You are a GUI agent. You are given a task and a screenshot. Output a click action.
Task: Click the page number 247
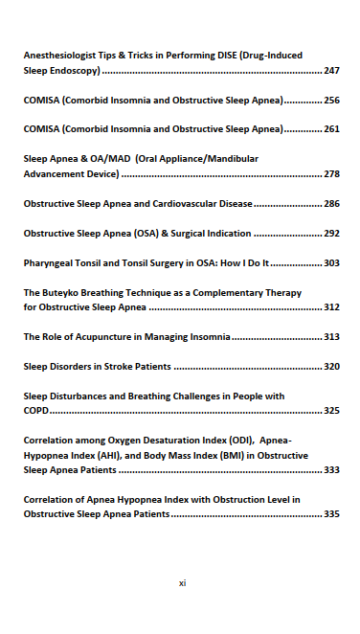331,72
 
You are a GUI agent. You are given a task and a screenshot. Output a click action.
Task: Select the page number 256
331,101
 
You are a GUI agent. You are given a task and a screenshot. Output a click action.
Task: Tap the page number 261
331,128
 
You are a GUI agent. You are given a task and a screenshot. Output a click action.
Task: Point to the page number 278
331,174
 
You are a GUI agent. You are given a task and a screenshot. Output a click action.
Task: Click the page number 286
331,204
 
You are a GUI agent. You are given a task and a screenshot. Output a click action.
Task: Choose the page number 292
331,233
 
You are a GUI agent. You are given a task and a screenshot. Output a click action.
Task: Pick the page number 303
331,261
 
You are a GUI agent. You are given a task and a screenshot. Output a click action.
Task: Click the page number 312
331,307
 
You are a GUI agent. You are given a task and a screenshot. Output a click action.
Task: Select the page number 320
331,366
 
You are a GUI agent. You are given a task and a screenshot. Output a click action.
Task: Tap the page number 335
331,514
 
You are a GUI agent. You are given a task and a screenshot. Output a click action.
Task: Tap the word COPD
35,411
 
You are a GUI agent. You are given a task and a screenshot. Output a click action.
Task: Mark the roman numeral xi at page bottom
182,582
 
